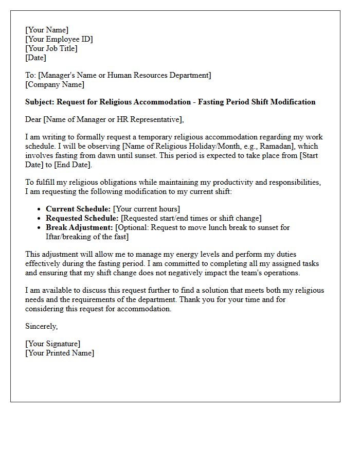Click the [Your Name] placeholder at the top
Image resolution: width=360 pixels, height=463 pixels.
pyautogui.click(x=47, y=30)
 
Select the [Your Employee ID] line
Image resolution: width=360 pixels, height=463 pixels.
pyautogui.click(x=59, y=39)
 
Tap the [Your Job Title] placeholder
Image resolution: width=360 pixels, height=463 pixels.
pyautogui.click(x=51, y=48)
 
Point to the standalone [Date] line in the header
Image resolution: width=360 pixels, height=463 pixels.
pyautogui.click(x=35, y=58)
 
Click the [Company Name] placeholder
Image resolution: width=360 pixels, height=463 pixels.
pyautogui.click(x=55, y=84)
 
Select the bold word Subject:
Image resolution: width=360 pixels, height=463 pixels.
pyautogui.click(x=41, y=102)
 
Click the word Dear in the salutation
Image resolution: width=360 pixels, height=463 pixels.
pyautogui.click(x=33, y=119)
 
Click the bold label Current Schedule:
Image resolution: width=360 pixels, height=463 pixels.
pyautogui.click(x=78, y=209)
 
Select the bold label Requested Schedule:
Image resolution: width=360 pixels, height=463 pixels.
pyautogui.click(x=82, y=218)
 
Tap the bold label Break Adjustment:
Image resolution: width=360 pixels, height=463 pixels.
pyautogui.click(x=79, y=227)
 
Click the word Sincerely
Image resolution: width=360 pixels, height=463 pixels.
pyautogui.click(x=42, y=326)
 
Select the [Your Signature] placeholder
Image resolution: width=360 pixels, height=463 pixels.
pyautogui.click(x=53, y=344)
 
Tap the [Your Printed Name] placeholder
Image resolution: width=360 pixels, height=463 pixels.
pyautogui.click(x=60, y=353)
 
